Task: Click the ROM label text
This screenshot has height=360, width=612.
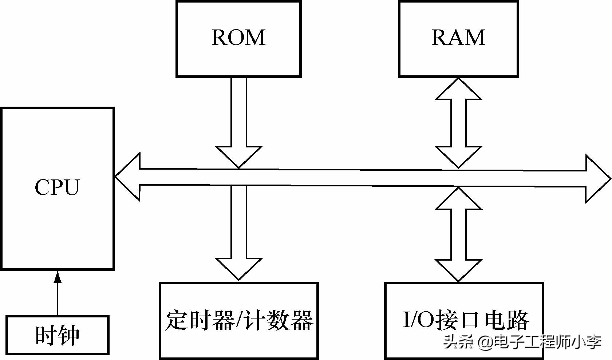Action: click(238, 37)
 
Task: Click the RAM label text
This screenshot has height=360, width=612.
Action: click(458, 37)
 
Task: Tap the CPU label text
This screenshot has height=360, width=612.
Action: click(57, 187)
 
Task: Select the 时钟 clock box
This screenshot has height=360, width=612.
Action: click(58, 335)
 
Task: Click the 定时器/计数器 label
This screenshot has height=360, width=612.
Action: click(239, 320)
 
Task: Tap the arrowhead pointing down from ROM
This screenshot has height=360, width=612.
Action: click(239, 156)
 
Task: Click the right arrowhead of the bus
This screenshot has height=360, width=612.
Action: click(597, 179)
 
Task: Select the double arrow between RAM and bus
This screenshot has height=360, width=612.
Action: click(458, 123)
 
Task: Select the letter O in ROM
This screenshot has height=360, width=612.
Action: click(238, 37)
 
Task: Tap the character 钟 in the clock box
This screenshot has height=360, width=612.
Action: click(69, 335)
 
